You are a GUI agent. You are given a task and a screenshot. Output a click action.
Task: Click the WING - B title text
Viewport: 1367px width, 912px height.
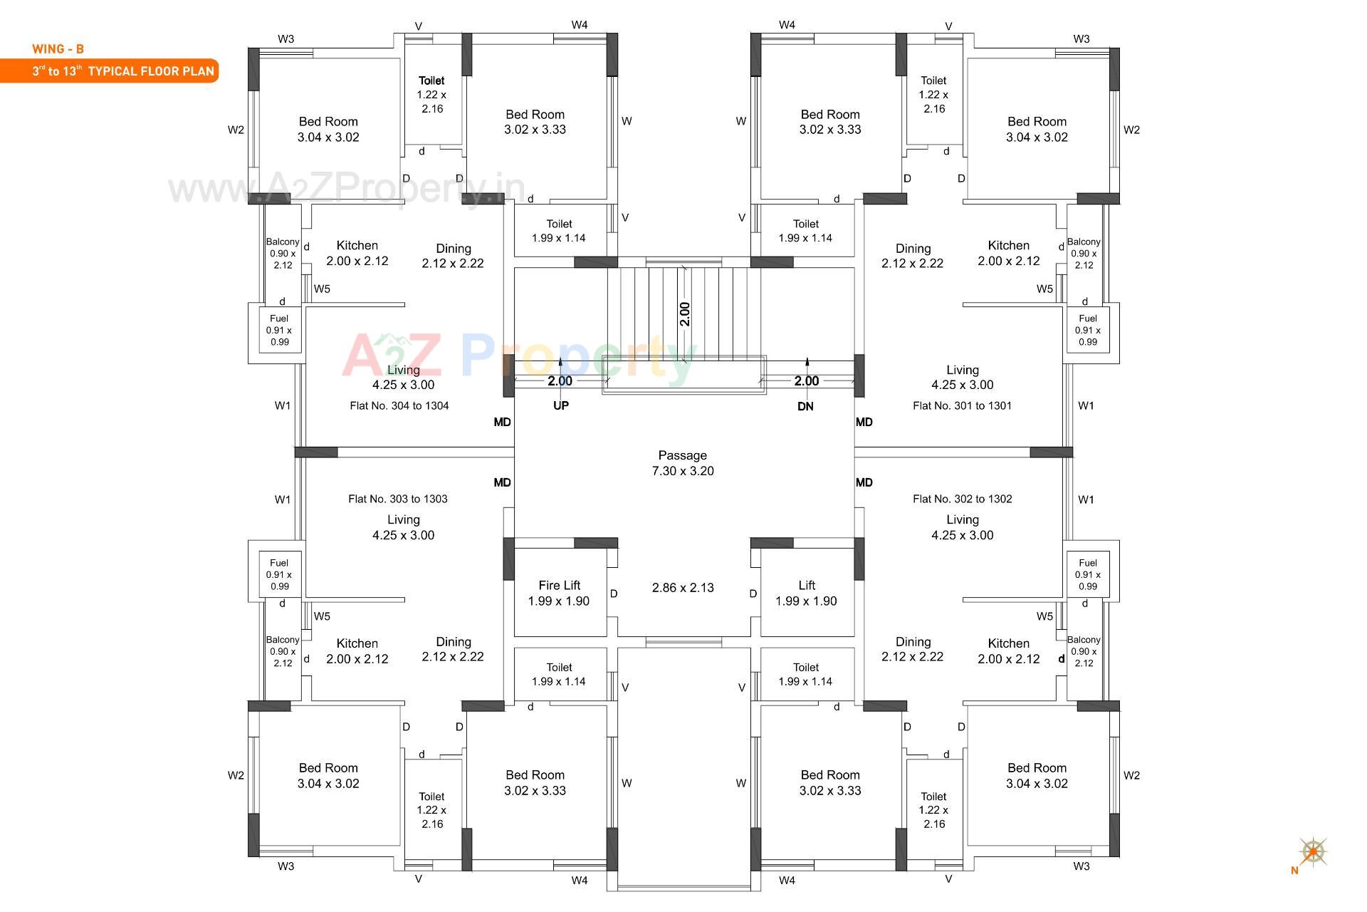pyautogui.click(x=58, y=49)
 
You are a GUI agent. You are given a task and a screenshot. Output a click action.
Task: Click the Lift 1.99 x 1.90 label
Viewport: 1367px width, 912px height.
pyautogui.click(x=806, y=593)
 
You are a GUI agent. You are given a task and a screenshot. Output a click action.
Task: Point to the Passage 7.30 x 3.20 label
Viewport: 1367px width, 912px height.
pyautogui.click(x=682, y=463)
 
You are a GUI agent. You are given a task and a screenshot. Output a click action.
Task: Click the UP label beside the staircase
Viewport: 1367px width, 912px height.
pyautogui.click(x=561, y=405)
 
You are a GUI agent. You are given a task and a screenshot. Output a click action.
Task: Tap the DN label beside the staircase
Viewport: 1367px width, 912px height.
pyautogui.click(x=805, y=406)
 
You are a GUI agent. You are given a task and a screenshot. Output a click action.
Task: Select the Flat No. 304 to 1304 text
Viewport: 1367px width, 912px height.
pyautogui.click(x=399, y=405)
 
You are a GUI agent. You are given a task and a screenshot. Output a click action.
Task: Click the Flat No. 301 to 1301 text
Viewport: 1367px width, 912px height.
pyautogui.click(x=962, y=405)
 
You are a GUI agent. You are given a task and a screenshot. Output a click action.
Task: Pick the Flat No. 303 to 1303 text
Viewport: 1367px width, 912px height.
pyautogui.click(x=397, y=499)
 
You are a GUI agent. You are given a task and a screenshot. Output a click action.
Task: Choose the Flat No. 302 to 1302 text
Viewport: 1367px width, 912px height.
pyautogui.click(x=962, y=499)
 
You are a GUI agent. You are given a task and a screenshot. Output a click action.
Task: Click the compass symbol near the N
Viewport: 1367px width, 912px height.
pyautogui.click(x=1313, y=851)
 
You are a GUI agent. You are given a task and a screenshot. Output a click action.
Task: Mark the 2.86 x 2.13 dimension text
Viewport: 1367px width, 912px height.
pyautogui.click(x=682, y=588)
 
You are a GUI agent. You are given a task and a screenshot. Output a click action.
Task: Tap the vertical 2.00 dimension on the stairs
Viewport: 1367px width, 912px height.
pyautogui.click(x=684, y=314)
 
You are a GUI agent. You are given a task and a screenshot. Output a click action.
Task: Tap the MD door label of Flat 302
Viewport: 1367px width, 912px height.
pyautogui.click(x=864, y=482)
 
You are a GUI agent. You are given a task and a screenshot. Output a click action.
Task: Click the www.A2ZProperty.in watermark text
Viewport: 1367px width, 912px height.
pyautogui.click(x=347, y=189)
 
